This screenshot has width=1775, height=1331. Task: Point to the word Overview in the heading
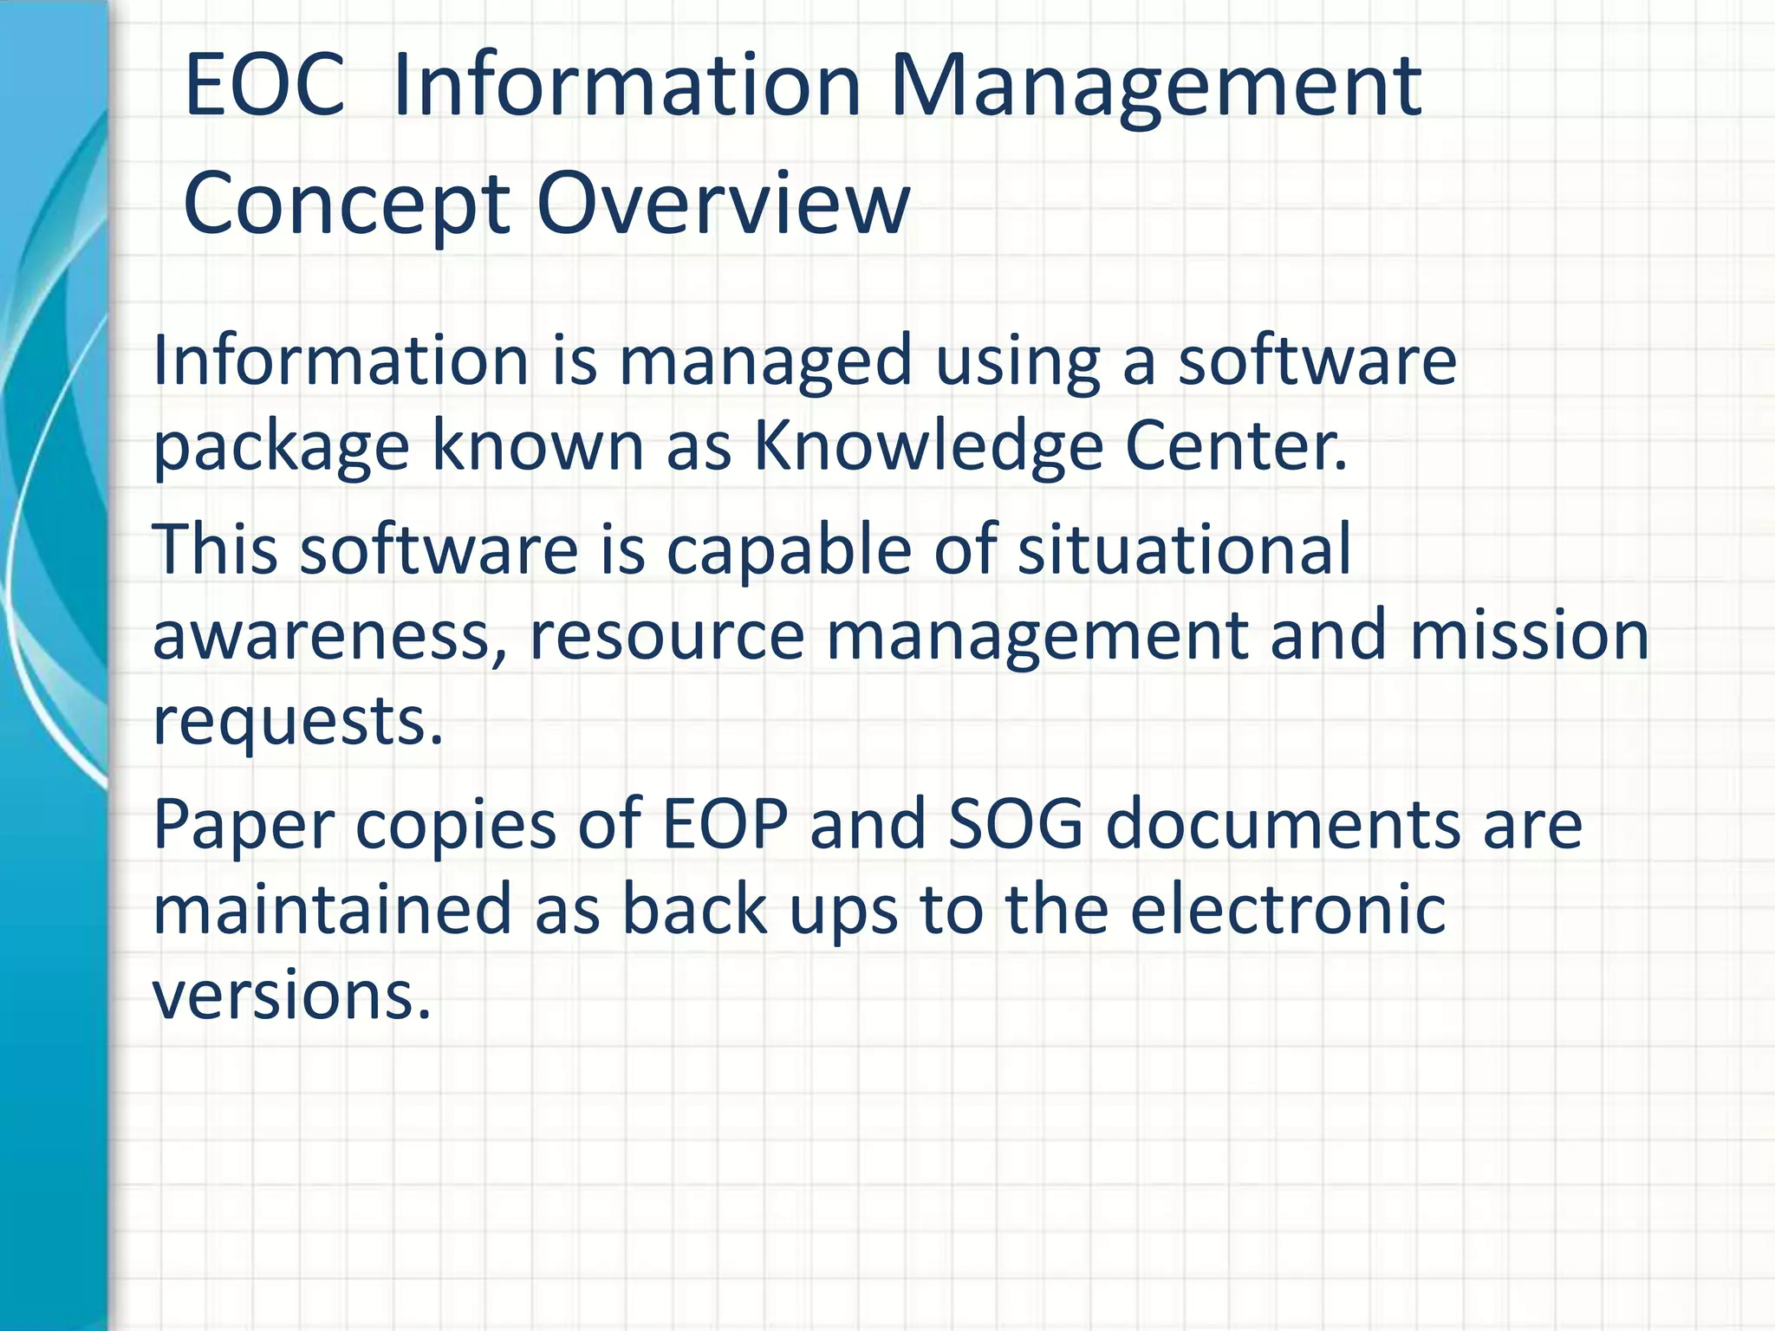[x=723, y=203]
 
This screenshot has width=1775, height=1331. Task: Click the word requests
[x=297, y=722]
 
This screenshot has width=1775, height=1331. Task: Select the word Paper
[x=243, y=826]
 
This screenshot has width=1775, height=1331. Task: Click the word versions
[x=291, y=995]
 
